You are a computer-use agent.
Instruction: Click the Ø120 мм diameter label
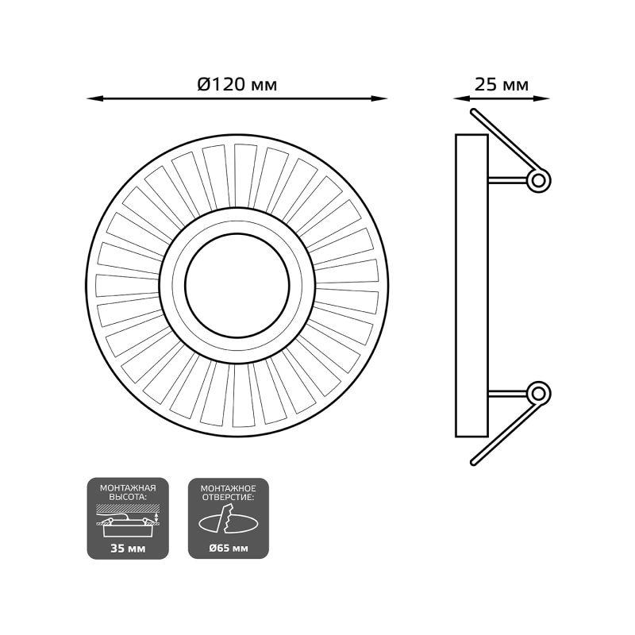point(237,85)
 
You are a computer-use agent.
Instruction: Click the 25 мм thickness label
point(502,85)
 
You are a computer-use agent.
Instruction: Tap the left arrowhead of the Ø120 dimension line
point(94,98)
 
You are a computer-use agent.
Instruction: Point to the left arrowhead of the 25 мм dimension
point(461,98)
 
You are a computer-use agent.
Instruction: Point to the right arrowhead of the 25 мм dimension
point(542,98)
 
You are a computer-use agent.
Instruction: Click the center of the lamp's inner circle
point(237,286)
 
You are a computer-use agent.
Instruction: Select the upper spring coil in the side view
point(539,180)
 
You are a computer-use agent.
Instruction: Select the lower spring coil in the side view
point(539,393)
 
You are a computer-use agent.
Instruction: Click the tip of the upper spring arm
point(473,111)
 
